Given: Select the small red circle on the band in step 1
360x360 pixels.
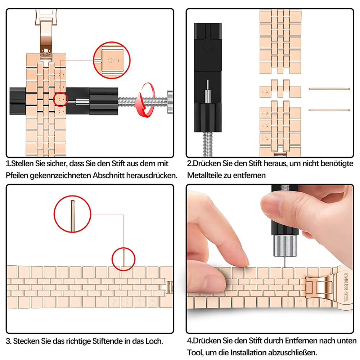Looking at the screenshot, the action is (x=60, y=99).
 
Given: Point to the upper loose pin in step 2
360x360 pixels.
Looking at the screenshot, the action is (x=329, y=89).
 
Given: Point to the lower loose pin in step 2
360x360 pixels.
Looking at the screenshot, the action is (x=329, y=109).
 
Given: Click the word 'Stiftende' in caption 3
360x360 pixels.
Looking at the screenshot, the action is (x=110, y=340).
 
